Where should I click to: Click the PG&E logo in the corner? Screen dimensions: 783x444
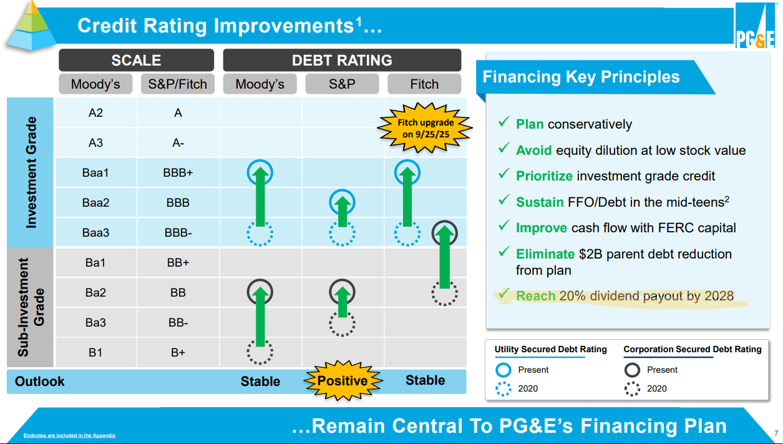[756, 25]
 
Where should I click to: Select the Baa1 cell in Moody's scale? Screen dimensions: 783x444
[95, 173]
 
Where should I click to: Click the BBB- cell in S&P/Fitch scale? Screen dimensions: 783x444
[178, 233]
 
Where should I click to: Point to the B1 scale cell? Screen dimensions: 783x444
[95, 352]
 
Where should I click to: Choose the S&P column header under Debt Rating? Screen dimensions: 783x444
[342, 84]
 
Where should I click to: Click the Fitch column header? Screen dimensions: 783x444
[424, 84]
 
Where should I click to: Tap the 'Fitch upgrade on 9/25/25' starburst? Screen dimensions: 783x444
[425, 128]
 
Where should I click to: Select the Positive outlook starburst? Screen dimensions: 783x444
[343, 381]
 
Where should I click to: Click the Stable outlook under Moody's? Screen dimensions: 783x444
[260, 382]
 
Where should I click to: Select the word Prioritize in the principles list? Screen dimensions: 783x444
[544, 176]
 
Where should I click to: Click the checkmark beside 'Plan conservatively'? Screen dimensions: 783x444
[503, 122]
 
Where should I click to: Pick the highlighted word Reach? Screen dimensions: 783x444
[535, 296]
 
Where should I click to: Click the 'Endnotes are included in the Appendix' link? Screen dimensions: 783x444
[69, 435]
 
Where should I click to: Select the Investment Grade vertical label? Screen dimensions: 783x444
[31, 172]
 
